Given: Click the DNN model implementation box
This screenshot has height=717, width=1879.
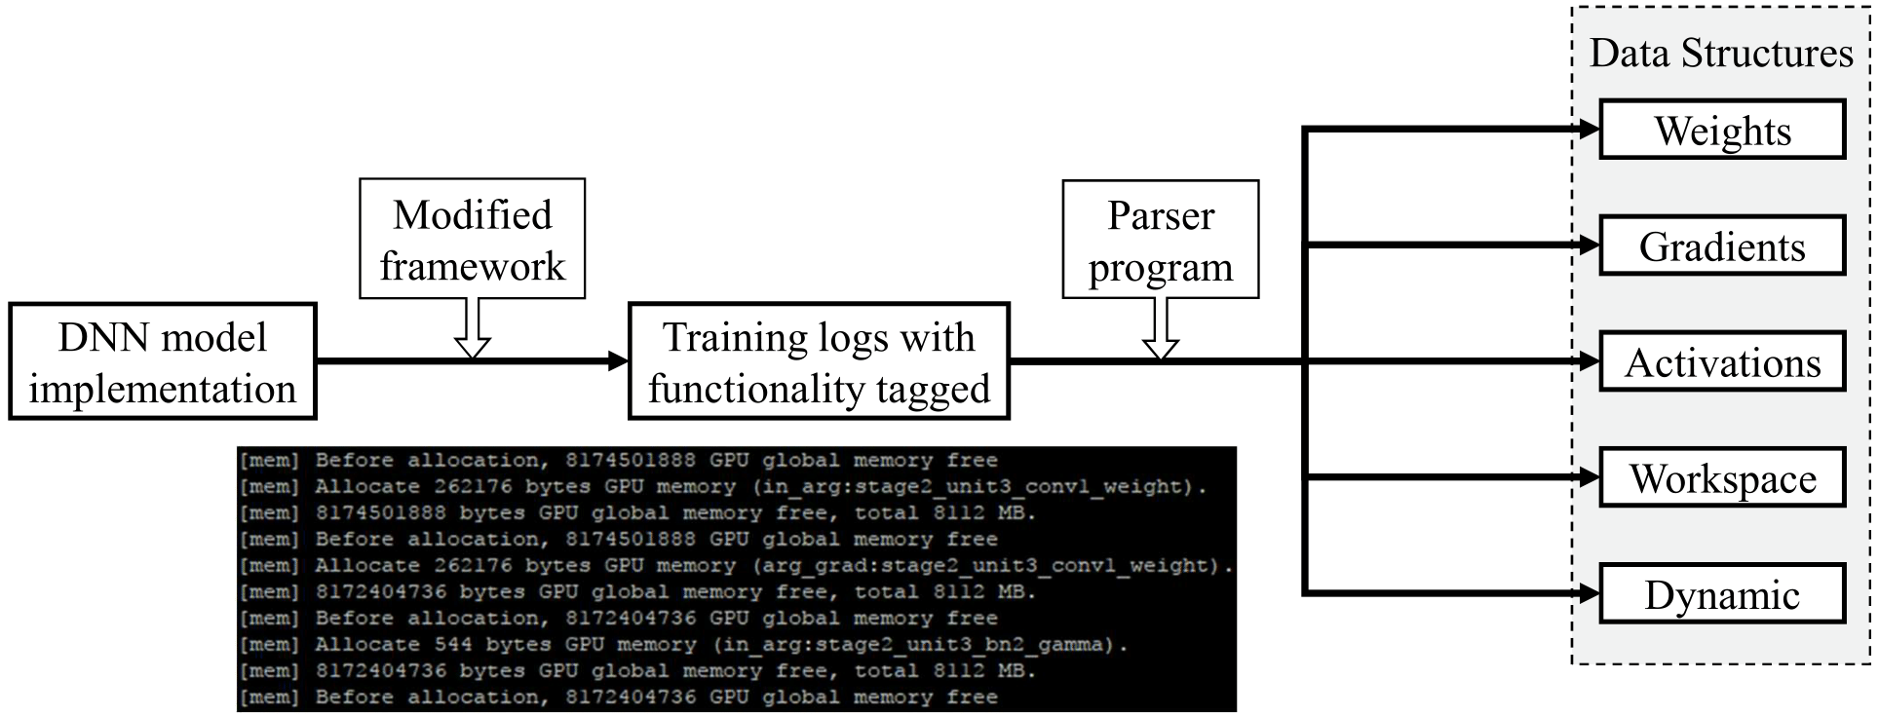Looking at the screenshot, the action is click(163, 361).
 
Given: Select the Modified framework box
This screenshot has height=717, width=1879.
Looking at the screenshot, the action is click(472, 238).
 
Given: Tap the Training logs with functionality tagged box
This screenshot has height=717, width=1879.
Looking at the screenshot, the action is click(819, 361).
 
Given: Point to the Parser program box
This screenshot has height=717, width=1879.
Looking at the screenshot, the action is click(1160, 239).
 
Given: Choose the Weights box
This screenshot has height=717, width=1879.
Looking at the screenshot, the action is click(1722, 130).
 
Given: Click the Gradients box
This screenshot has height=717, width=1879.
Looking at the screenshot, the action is click(1722, 245).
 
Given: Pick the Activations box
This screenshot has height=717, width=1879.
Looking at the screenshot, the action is click(1722, 361).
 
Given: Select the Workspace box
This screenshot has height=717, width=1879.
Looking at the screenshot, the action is click(1722, 477).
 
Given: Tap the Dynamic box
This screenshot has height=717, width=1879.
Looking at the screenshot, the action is click(1722, 593).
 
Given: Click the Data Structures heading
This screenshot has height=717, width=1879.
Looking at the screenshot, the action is click(1721, 53).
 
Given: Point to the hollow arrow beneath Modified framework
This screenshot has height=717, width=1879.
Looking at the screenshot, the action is click(472, 328).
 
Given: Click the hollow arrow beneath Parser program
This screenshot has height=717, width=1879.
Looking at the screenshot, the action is click(1160, 328).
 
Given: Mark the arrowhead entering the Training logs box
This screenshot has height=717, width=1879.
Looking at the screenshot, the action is click(618, 361).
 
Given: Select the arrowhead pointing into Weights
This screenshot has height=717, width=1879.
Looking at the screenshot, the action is click(1589, 129).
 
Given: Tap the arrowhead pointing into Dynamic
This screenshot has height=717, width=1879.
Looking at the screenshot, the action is click(1589, 592).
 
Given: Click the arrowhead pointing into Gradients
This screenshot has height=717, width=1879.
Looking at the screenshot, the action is click(1589, 245).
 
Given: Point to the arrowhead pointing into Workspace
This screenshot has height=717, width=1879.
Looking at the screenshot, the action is click(1589, 477).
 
